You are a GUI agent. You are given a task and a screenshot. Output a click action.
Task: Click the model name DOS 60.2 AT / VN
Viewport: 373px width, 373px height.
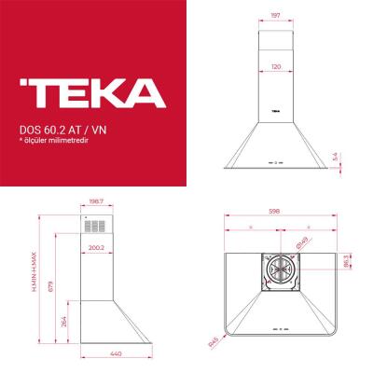point(61,130)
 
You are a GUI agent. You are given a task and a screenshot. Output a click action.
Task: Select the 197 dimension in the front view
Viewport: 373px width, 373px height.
point(276,16)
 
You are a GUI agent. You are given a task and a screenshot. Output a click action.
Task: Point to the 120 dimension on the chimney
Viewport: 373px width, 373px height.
point(276,68)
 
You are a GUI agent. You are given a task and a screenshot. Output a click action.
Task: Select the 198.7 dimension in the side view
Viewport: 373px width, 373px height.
point(94,200)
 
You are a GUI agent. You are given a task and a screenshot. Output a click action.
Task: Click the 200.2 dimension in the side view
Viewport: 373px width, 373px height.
point(94,247)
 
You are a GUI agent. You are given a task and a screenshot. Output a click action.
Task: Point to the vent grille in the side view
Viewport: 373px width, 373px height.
point(93,227)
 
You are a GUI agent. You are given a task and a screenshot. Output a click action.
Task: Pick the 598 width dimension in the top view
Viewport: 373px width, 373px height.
point(276,211)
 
